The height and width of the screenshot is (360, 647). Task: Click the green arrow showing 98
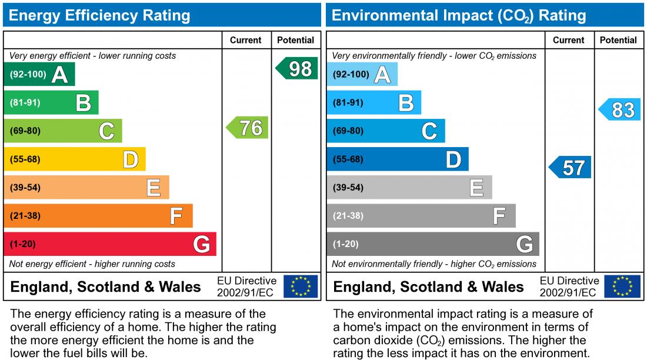[x=298, y=69]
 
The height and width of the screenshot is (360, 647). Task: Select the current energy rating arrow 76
[x=248, y=128]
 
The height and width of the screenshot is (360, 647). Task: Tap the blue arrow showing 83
[x=620, y=110]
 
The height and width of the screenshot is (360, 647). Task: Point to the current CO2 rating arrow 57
[x=571, y=168]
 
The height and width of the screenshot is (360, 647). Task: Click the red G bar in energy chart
[x=110, y=244]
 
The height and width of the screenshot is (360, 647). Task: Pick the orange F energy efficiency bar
[x=98, y=216]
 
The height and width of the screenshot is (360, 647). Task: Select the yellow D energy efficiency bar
[x=75, y=159]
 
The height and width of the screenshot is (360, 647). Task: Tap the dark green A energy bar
[x=39, y=75]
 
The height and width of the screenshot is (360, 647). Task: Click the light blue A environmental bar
[x=362, y=75]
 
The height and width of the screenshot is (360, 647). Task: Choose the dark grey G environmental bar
[x=432, y=244]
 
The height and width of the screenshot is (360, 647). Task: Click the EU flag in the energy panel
[x=301, y=286]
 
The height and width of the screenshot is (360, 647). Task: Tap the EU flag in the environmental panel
[x=623, y=286]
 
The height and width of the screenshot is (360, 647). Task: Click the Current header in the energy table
[x=246, y=40]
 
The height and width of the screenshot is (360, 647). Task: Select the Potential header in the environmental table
[x=618, y=40]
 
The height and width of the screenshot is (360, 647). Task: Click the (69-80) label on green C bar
[x=25, y=131]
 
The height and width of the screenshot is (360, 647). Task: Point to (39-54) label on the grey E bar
[x=348, y=188]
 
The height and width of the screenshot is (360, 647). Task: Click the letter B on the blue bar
[x=406, y=103]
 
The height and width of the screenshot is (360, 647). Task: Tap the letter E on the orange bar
[x=154, y=188]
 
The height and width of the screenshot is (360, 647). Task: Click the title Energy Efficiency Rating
[x=99, y=15]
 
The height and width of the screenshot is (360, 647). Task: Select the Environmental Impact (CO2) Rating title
[x=459, y=15]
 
